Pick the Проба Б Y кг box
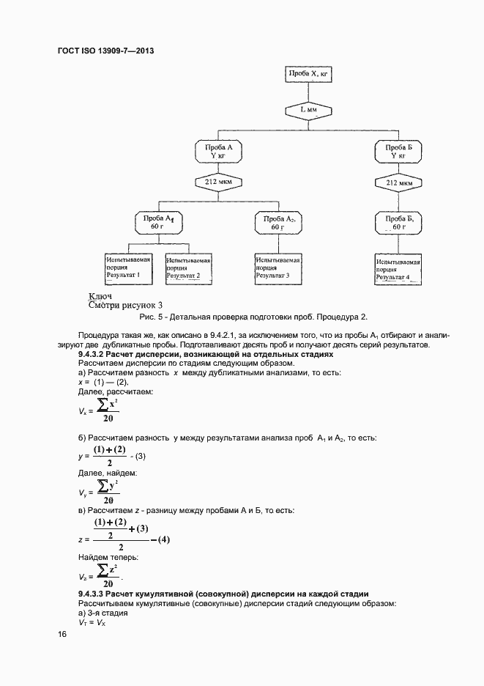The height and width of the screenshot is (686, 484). click(398, 151)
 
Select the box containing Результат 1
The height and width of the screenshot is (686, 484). click(129, 268)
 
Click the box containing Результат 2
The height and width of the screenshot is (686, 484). click(188, 268)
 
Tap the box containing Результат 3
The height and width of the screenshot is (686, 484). click(277, 268)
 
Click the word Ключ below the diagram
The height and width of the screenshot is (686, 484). click(99, 296)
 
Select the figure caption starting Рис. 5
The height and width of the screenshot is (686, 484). click(252, 317)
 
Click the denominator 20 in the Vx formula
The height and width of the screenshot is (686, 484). click(108, 418)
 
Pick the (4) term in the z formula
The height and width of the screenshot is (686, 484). click(160, 540)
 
